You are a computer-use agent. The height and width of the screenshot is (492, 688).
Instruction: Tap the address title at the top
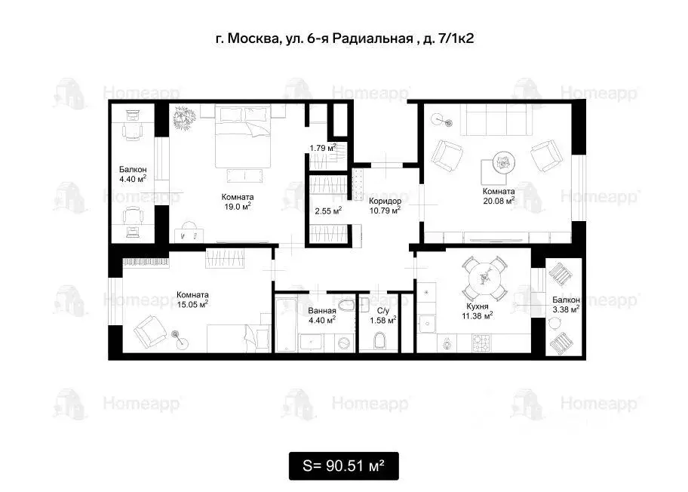343,38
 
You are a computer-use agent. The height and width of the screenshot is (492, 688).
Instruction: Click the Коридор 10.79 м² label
385,206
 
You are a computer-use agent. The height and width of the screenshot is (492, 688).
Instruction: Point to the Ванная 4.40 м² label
322,315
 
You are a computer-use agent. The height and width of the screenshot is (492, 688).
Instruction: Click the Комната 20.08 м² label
499,196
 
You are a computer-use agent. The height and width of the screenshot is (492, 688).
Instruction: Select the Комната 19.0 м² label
237,201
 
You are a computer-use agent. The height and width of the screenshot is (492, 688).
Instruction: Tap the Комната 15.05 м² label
193,300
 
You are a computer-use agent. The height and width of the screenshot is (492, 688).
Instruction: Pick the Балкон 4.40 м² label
133,174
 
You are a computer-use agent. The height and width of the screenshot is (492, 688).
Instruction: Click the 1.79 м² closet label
322,148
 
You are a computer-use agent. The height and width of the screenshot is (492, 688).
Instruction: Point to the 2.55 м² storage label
328,211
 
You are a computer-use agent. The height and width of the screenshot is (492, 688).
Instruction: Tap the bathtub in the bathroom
286,325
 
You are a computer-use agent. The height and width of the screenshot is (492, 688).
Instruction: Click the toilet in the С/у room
379,341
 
